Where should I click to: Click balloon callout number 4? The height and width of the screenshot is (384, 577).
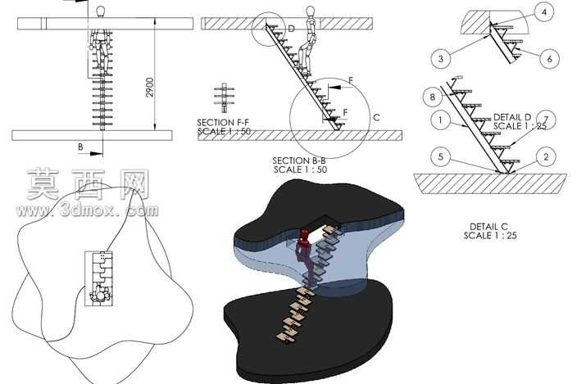point(544,12)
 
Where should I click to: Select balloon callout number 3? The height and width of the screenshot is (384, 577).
point(441,58)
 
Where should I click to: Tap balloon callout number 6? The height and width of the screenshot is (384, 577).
point(549,58)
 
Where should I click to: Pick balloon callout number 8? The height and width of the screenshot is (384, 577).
point(433,97)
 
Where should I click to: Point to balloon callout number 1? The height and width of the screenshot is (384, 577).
point(440,120)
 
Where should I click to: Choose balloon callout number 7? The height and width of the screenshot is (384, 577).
point(546,120)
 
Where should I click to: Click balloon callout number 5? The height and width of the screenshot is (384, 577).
point(441,157)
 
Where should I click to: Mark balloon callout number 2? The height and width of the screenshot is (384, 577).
point(546,157)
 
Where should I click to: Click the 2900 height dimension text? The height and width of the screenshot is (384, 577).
point(150,87)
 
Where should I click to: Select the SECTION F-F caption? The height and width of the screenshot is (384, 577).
point(223,122)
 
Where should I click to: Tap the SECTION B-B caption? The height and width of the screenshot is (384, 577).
point(299,160)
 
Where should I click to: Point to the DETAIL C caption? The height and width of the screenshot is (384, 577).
point(488,227)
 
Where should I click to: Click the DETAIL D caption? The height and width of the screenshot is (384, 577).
point(512,117)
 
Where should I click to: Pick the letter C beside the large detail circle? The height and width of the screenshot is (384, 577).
point(376,118)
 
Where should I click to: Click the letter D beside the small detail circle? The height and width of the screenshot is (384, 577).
point(291,29)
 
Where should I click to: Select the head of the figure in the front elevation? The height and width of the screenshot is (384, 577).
point(100,11)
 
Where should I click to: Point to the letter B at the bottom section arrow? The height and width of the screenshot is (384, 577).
point(80,147)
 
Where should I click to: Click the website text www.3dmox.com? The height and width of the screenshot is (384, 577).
point(87,210)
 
